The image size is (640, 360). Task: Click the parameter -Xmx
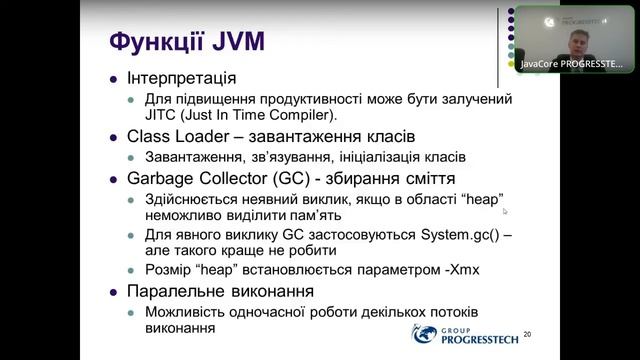[427, 270]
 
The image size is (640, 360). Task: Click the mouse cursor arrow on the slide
[505, 211]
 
